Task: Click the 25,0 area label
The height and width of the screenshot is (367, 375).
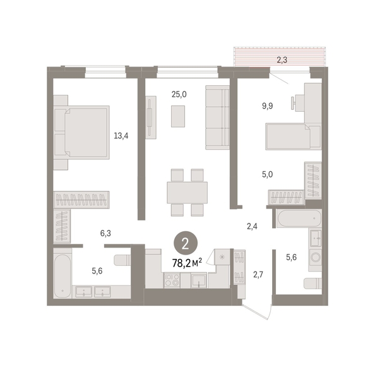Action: pos(179,95)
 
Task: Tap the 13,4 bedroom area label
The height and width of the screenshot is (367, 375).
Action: pos(121,136)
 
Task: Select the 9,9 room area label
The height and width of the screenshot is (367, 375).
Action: pos(268,105)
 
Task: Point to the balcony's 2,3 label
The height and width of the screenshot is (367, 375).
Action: pos(282,60)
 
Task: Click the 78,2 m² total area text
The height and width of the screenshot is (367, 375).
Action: pos(187,263)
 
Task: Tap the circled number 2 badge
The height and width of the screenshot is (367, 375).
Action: pos(186,244)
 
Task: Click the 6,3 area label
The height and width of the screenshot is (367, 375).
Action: pos(105,233)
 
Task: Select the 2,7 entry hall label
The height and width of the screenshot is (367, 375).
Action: pos(258,274)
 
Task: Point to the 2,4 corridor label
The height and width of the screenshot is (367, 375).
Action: pos(252,226)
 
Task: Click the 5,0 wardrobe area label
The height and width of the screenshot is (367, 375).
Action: pos(268,174)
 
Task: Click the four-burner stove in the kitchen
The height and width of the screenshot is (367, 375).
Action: pos(172,280)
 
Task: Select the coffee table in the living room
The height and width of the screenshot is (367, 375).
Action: pos(178,116)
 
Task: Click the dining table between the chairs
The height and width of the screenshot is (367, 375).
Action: pos(187,193)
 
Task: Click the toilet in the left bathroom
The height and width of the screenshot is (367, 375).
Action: pos(122,260)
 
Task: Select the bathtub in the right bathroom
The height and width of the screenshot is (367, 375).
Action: pos(299,218)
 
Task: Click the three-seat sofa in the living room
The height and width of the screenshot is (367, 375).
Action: pos(217,117)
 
